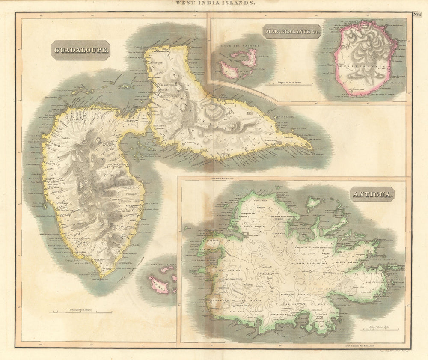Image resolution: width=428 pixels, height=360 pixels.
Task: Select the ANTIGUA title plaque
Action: click(372, 194)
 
